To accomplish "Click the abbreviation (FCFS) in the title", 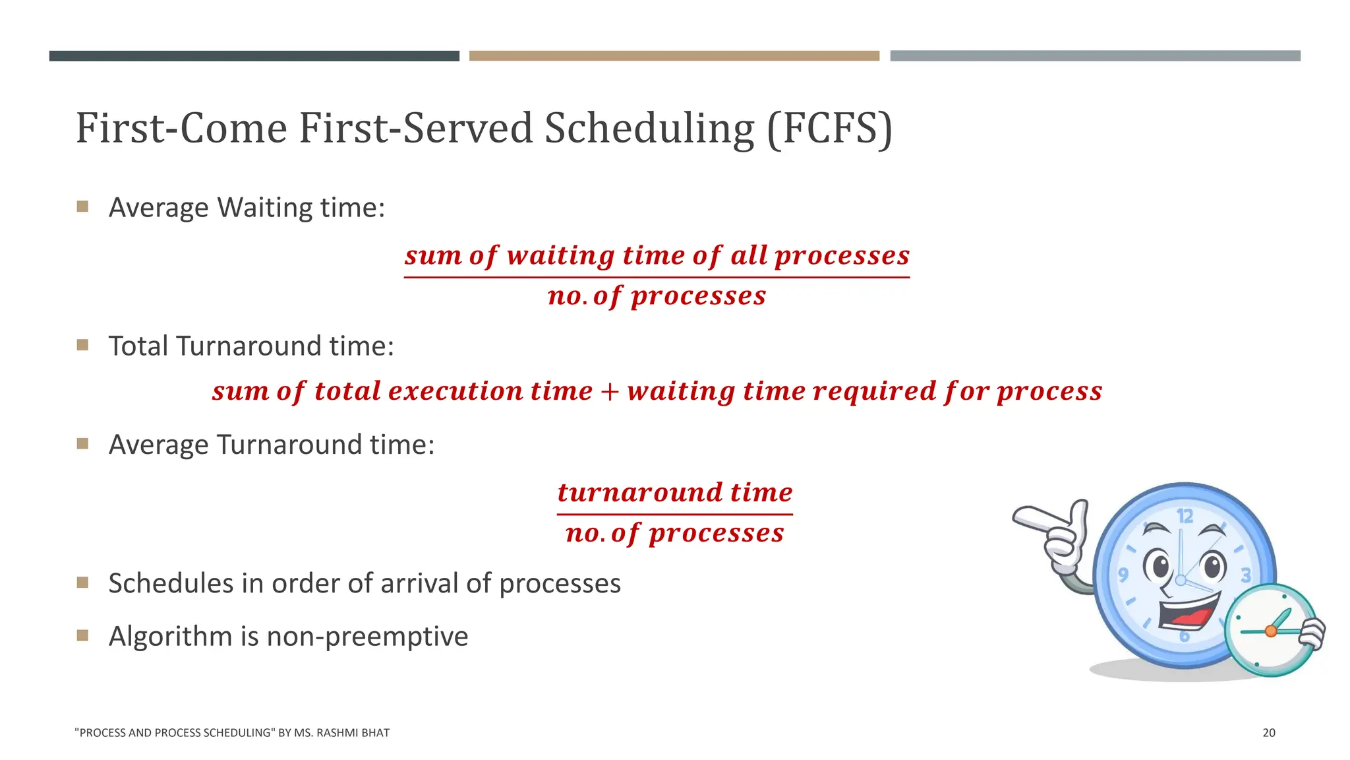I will pos(830,128).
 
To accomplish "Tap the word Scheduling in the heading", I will pos(649,128).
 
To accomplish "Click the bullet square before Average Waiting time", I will pos(82,206).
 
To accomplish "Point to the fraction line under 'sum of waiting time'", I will pos(657,277).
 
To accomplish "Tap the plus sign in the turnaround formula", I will pos(610,391).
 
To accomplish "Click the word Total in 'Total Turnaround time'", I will pos(137,346).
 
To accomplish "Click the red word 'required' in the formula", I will pos(874,391).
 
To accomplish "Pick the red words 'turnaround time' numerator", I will pos(674,492).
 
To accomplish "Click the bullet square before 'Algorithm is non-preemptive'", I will pos(82,635).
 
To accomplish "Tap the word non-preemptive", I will pos(367,637).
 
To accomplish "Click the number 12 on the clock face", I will pos(1185,516).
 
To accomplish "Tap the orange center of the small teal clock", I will pos(1271,631).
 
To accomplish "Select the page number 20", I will pos(1268,732).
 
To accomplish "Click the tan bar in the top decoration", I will pos(674,56).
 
